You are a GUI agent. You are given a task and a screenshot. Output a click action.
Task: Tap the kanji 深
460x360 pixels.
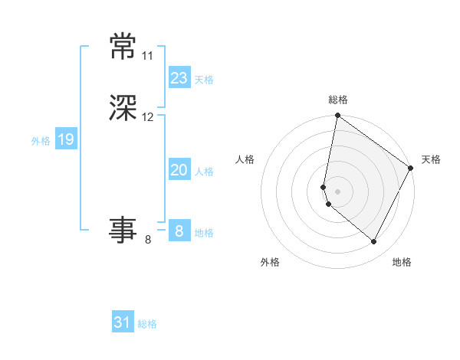123,110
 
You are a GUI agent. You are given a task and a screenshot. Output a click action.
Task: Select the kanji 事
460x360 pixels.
123,228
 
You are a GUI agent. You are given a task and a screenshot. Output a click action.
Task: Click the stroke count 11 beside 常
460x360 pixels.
147,56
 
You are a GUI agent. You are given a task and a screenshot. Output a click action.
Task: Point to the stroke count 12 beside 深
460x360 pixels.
148,117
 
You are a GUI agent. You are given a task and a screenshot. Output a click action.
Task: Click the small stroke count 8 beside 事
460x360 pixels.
148,240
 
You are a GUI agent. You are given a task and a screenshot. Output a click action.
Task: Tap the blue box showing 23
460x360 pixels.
179,78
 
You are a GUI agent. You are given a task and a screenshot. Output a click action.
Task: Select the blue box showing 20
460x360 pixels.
179,171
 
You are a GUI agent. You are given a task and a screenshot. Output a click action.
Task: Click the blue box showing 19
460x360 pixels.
65,139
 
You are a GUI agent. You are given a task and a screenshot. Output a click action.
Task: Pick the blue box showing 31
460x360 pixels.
123,322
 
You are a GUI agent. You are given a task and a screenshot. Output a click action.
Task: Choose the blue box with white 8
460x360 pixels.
179,231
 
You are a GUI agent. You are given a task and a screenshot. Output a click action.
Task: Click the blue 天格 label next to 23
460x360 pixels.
204,80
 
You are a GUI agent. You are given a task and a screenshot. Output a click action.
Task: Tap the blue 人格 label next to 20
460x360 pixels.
204,172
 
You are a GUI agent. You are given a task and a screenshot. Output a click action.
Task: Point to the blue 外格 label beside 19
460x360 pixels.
41,141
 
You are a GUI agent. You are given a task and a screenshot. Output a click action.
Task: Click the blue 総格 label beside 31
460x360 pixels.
147,324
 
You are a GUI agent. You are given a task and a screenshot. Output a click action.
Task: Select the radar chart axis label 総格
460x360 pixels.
337,100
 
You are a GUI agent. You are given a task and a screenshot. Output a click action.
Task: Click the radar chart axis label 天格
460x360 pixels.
431,159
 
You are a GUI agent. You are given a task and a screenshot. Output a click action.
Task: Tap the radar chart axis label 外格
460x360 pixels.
270,263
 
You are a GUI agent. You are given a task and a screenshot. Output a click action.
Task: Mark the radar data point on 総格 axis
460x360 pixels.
337,116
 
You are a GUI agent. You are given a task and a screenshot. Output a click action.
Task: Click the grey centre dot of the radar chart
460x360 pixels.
337,191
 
